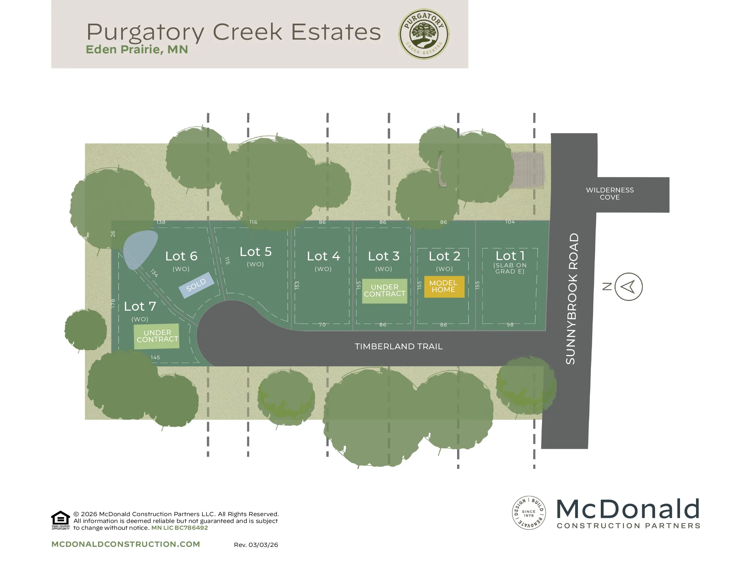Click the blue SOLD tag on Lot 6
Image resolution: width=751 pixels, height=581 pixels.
(x=196, y=285)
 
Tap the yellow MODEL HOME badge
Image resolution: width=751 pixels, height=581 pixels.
(x=444, y=286)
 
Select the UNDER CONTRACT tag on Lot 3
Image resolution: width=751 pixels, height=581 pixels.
(x=384, y=291)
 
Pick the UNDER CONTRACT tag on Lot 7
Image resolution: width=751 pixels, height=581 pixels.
(x=157, y=336)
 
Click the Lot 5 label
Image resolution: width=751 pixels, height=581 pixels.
(x=255, y=252)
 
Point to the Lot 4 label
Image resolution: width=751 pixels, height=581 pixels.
(x=323, y=256)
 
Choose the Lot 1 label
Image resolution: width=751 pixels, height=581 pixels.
(x=510, y=256)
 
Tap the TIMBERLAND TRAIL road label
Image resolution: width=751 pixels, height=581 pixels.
(x=398, y=346)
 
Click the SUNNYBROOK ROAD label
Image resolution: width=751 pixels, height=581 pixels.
(x=572, y=298)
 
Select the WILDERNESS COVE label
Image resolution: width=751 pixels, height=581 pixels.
(x=610, y=193)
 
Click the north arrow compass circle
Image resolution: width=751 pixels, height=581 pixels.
(x=628, y=287)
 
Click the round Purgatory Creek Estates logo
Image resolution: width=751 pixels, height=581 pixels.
(x=424, y=34)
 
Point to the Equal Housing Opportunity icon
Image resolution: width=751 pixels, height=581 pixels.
(x=60, y=520)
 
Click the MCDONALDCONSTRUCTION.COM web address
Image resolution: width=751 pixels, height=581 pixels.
(x=126, y=544)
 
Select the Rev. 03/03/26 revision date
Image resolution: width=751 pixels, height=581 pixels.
(x=256, y=545)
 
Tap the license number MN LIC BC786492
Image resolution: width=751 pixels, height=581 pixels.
(x=180, y=528)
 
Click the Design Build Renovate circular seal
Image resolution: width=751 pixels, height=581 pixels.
(x=528, y=513)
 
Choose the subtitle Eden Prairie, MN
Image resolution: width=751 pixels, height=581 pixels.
(x=137, y=50)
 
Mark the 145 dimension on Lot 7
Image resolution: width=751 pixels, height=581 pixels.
(x=155, y=357)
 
